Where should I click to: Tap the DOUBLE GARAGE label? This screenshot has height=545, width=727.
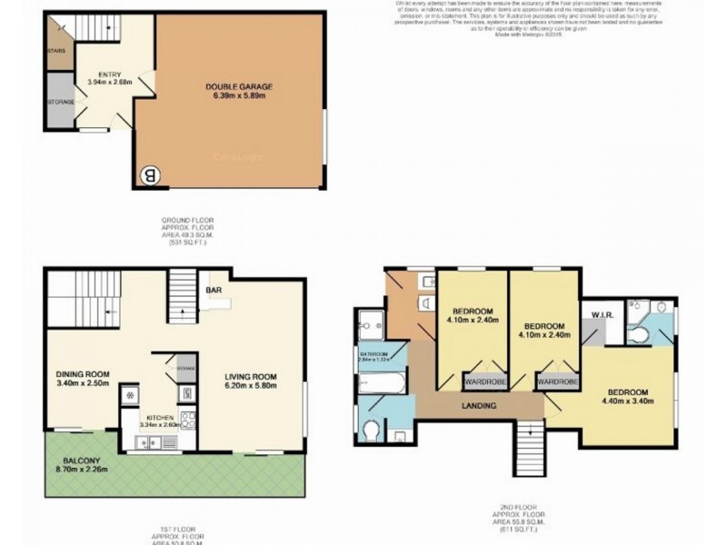239,87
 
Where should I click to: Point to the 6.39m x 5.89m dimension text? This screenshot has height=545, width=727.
239,98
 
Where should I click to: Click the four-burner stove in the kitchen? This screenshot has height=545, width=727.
188,420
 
